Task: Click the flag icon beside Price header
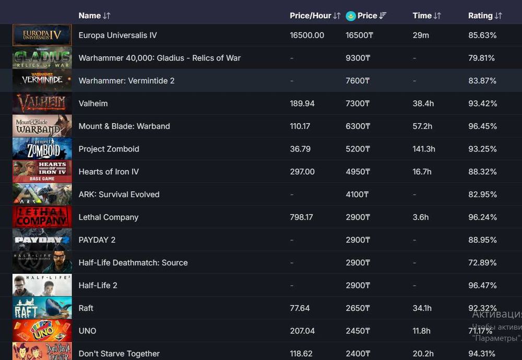(351, 16)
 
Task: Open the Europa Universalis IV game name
(117, 35)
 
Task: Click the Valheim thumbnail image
(42, 103)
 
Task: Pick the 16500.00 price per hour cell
(307, 35)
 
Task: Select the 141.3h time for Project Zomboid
(424, 149)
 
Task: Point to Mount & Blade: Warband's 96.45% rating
(482, 126)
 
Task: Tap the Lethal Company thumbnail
(42, 217)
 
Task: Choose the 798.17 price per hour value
(301, 217)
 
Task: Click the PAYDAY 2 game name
(97, 240)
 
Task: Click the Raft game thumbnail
(42, 308)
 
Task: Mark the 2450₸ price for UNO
(358, 331)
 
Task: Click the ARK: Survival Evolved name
(118, 195)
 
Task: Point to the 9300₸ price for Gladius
(358, 58)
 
